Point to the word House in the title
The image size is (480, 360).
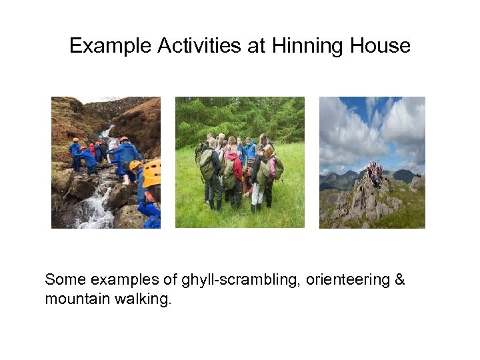pyautogui.click(x=380, y=46)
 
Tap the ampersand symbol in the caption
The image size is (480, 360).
pyautogui.click(x=399, y=280)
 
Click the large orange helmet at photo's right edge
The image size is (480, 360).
pyautogui.click(x=152, y=173)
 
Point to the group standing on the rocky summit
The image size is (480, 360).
pyautogui.click(x=375, y=173)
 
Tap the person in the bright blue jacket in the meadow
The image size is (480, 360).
pyautogui.click(x=250, y=151)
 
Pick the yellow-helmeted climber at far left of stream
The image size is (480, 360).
pyautogui.click(x=75, y=149)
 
